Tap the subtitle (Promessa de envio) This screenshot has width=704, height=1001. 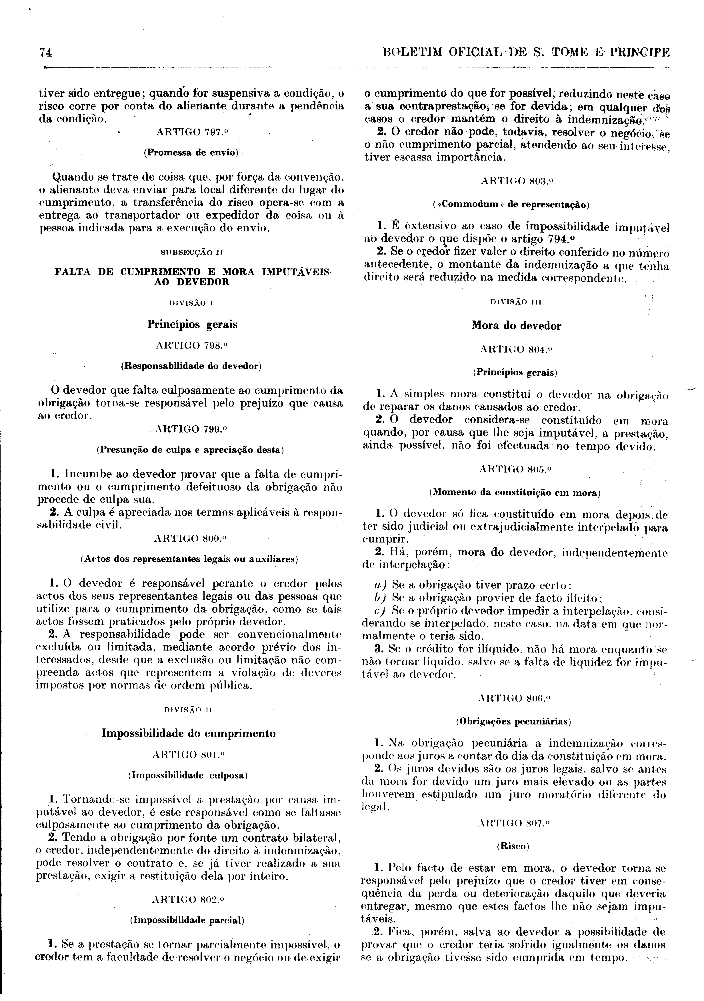[x=191, y=153]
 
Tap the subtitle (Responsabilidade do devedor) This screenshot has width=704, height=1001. [x=191, y=366]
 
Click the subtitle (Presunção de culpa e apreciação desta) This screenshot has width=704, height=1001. [x=191, y=450]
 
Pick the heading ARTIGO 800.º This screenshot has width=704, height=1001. [x=191, y=538]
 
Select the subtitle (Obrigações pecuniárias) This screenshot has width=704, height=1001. [x=513, y=722]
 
